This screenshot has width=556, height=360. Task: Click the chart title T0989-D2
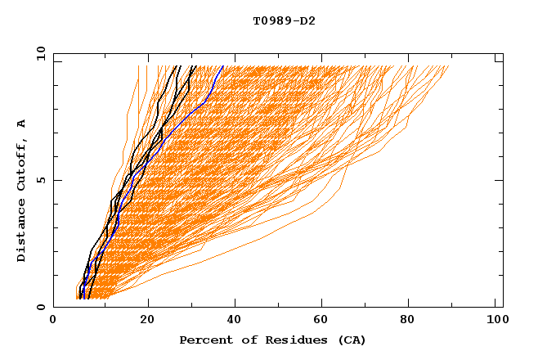point(284,20)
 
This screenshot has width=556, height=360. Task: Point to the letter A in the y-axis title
point(22,123)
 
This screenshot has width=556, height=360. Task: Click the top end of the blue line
point(223,66)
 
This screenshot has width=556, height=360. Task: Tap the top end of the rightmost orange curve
point(449,66)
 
